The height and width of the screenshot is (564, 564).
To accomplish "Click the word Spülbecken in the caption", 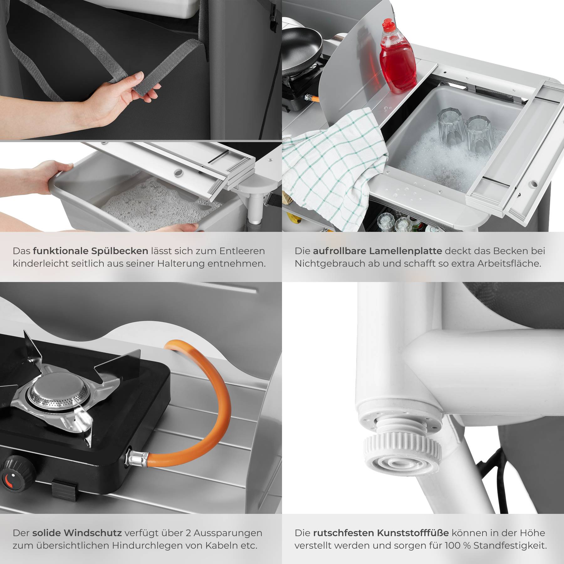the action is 120,251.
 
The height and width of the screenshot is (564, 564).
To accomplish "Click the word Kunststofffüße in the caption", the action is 412,533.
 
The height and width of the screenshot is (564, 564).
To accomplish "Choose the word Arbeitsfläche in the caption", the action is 509,264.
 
